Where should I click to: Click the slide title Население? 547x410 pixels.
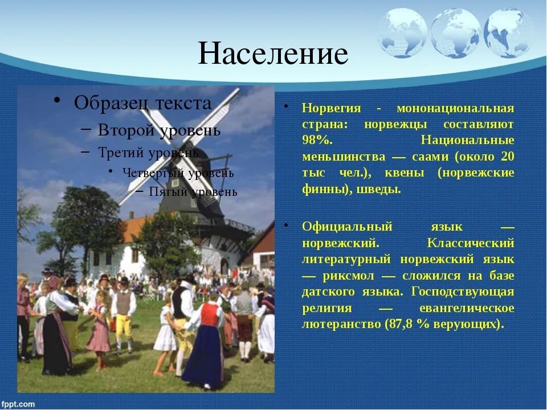click(273, 54)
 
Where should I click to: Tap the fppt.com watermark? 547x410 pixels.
click(18, 404)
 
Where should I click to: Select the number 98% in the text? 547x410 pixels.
click(317, 140)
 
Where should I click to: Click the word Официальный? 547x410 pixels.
click(347, 227)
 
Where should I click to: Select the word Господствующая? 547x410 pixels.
click(462, 292)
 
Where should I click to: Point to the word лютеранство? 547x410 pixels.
click(341, 325)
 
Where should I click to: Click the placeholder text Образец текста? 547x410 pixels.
click(142, 103)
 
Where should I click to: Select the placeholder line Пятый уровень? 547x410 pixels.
click(193, 192)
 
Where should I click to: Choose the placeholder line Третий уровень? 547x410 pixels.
click(148, 153)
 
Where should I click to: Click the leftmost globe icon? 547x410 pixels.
click(403, 33)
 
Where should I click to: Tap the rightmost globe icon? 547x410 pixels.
click(508, 33)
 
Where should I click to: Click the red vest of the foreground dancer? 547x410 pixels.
click(209, 314)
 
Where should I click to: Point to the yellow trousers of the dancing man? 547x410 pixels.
click(124, 326)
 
